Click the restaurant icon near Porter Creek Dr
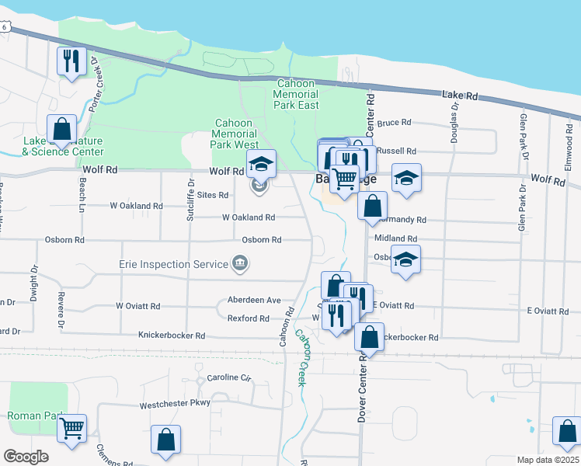click(x=72, y=60)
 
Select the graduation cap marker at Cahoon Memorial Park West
click(x=262, y=163)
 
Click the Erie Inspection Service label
click(x=173, y=264)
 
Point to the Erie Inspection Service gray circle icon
click(x=241, y=264)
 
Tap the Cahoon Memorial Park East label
click(x=295, y=94)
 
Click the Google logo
click(x=26, y=456)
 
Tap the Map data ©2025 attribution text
click(x=547, y=460)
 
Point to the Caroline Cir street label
click(x=230, y=378)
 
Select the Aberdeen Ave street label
click(x=254, y=300)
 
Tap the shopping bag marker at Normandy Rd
click(x=373, y=206)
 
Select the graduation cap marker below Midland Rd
click(x=405, y=259)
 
